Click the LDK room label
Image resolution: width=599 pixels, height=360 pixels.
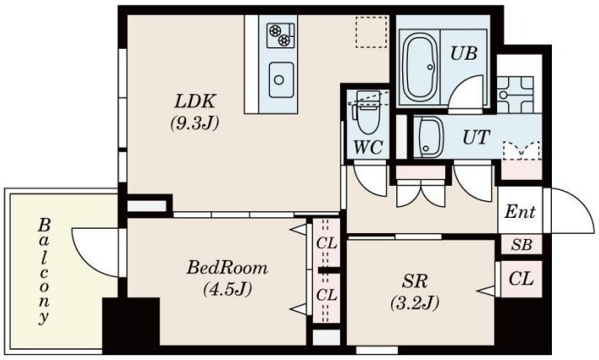click(x=195, y=102)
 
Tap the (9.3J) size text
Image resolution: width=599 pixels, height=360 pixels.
click(x=195, y=123)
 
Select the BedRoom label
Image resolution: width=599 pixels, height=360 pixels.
click(x=227, y=268)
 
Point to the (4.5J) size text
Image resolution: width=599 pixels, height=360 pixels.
click(x=228, y=289)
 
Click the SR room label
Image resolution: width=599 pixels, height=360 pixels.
click(x=415, y=282)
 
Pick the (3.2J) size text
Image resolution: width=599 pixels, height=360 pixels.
click(x=415, y=303)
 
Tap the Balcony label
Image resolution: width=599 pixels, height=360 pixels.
click(x=44, y=271)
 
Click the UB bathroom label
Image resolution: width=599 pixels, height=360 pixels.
click(x=464, y=54)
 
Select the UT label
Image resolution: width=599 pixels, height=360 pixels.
click(x=476, y=137)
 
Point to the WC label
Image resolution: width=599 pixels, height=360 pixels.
click(x=368, y=148)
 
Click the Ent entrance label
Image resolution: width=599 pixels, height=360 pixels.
click(x=520, y=211)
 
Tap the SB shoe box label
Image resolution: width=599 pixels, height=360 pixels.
click(x=522, y=245)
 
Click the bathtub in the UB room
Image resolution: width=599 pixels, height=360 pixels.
click(x=420, y=67)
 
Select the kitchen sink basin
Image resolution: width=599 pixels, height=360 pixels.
click(x=281, y=80)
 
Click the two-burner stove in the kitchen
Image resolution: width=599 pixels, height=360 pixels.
click(x=280, y=35)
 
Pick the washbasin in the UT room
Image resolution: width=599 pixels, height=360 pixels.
click(x=430, y=137)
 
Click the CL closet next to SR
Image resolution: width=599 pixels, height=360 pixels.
click(x=521, y=279)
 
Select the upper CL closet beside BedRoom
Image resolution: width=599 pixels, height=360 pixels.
click(x=326, y=243)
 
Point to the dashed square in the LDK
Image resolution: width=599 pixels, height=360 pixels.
click(x=371, y=32)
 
